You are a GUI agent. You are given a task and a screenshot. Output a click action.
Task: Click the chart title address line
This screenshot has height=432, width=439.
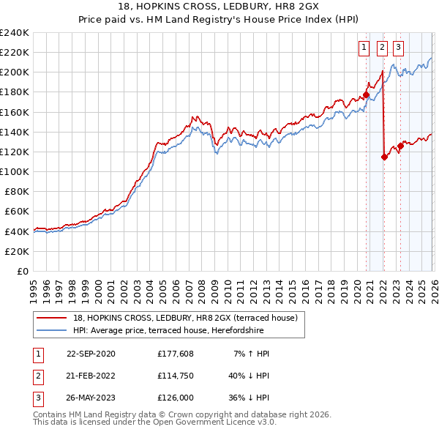tap(219, 7)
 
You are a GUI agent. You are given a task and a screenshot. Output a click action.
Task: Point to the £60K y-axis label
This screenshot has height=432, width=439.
tap(15, 212)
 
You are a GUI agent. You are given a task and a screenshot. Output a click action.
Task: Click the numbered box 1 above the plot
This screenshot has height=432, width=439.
tap(364, 48)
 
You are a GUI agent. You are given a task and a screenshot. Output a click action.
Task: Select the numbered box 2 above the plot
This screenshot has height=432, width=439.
tap(382, 48)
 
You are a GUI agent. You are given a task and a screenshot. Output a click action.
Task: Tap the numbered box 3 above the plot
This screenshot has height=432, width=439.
tap(398, 48)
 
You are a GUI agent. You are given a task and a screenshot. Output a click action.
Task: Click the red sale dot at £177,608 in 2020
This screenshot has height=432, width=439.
tap(366, 94)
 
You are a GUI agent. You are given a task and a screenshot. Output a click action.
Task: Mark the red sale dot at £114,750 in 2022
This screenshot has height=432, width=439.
tap(384, 157)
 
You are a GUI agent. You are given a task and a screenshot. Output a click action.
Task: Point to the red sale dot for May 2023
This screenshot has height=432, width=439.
tap(400, 146)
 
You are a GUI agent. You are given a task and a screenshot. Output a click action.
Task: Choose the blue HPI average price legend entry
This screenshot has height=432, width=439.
tap(183, 330)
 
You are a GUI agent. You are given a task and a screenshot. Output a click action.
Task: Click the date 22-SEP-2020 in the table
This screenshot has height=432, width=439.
tap(91, 354)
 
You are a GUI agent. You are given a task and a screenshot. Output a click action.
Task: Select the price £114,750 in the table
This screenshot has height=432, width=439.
tap(176, 376)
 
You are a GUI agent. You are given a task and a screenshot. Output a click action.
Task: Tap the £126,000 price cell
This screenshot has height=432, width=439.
tap(176, 399)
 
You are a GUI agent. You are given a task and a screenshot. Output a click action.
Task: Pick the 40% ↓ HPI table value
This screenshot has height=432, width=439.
tap(249, 376)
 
